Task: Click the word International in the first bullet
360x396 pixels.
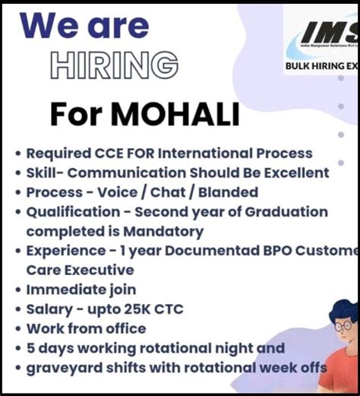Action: [216, 154]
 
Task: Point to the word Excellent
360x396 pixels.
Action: [291, 173]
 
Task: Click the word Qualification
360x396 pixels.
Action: [74, 212]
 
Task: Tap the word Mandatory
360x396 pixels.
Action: [166, 231]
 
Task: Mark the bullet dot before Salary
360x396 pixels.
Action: [17, 309]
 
